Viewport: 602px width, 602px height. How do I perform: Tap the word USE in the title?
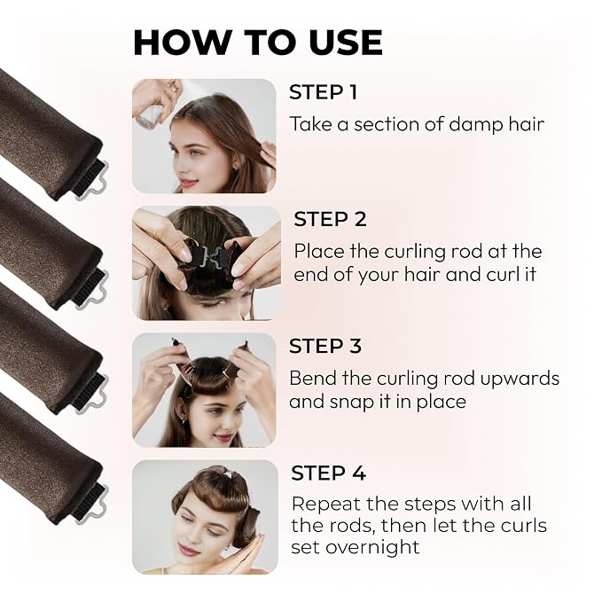coord(346,43)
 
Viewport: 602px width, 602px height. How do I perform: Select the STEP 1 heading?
coord(323,92)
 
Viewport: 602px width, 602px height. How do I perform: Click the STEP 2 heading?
coord(330,219)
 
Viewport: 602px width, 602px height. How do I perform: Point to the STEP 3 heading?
coord(325,346)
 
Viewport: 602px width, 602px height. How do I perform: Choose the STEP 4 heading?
coord(328,473)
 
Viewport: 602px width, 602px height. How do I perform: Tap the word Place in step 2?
coord(318,252)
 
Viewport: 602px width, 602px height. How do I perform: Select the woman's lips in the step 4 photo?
coord(187,551)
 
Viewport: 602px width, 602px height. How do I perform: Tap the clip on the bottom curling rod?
coord(90,502)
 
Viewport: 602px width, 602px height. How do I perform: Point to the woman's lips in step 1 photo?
coord(187,181)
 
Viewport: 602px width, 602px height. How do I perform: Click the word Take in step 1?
coord(310,124)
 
